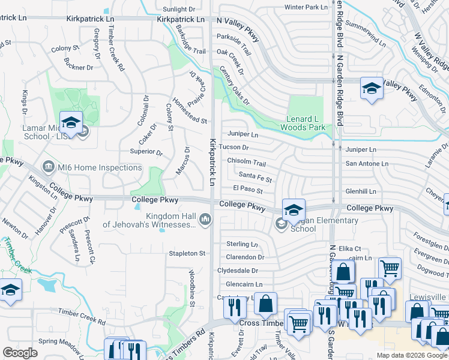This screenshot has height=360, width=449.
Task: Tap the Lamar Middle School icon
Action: tap(71, 122)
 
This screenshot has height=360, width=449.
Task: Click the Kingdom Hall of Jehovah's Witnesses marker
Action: tap(206, 220)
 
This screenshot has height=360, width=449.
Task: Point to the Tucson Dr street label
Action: tap(238, 148)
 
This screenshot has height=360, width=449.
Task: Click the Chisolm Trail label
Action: tap(246, 163)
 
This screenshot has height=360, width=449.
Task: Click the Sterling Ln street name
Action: tap(242, 244)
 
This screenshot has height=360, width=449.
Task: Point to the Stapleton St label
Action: tap(187, 253)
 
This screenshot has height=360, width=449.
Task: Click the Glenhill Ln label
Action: tap(361, 191)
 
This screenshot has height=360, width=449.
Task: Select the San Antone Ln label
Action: tap(366, 163)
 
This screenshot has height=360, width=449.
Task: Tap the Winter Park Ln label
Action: tap(306, 7)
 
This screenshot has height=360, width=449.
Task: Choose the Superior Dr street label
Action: tap(146, 152)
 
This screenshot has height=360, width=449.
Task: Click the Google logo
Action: tap(20, 352)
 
